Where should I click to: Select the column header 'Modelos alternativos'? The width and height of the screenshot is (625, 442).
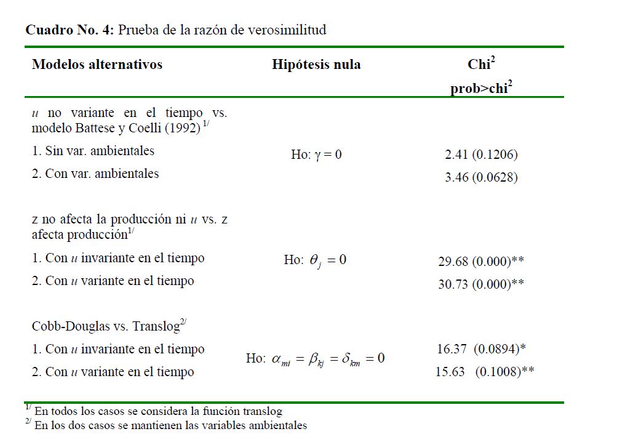pyautogui.click(x=97, y=65)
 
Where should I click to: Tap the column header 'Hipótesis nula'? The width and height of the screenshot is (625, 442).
pyautogui.click(x=316, y=65)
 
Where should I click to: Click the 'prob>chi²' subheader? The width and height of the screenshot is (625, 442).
pyautogui.click(x=481, y=88)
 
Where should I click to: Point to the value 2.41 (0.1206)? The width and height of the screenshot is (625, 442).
pyautogui.click(x=481, y=155)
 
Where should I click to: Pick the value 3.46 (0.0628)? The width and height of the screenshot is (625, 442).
pyautogui.click(x=481, y=178)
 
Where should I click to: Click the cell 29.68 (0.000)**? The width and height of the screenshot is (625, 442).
pyautogui.click(x=481, y=262)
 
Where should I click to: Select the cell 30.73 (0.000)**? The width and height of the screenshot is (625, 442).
pyautogui.click(x=481, y=284)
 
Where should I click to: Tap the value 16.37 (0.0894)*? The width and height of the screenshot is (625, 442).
pyautogui.click(x=481, y=349)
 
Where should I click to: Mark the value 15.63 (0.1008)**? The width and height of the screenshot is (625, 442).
pyautogui.click(x=484, y=372)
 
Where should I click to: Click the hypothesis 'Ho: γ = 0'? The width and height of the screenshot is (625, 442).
pyautogui.click(x=316, y=155)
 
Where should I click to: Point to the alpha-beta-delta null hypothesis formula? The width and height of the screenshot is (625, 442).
pyautogui.click(x=315, y=359)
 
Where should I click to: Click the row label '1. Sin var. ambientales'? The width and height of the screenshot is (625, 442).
pyautogui.click(x=93, y=151)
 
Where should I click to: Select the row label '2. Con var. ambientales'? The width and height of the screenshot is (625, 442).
pyautogui.click(x=95, y=174)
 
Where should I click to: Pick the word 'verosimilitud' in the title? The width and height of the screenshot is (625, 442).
pyautogui.click(x=287, y=30)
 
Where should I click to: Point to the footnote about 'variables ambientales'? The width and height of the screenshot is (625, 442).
pyautogui.click(x=170, y=425)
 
